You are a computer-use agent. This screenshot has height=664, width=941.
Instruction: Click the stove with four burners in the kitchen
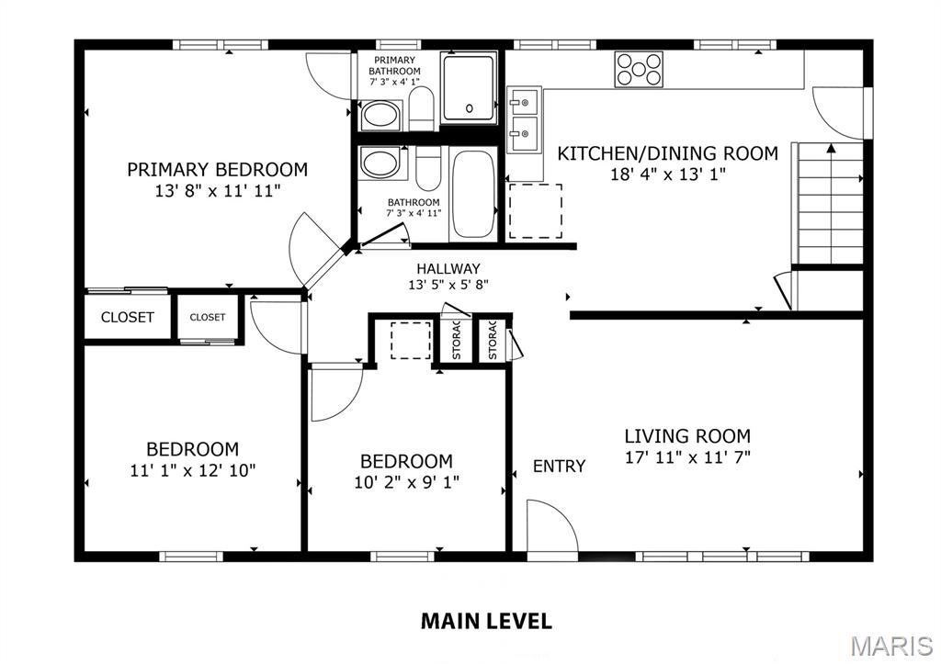click(x=639, y=69)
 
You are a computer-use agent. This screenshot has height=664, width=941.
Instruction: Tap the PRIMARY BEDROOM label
click(x=217, y=170)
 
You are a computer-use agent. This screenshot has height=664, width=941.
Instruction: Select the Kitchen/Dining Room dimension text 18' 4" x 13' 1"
click(x=668, y=174)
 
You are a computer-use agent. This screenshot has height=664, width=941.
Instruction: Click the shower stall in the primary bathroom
click(x=470, y=88)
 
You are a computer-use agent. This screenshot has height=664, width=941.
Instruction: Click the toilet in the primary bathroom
click(x=422, y=107)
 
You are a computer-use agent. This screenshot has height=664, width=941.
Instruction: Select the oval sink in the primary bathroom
click(x=379, y=116)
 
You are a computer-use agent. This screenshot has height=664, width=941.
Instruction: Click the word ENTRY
click(x=559, y=467)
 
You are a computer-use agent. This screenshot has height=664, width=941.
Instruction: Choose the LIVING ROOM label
click(x=687, y=436)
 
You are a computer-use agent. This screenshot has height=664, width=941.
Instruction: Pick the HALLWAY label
click(x=448, y=268)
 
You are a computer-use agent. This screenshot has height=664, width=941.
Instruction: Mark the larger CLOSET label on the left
click(x=128, y=318)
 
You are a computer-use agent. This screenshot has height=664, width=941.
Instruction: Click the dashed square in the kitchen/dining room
click(x=535, y=211)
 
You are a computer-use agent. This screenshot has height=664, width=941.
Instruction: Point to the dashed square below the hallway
click(x=411, y=341)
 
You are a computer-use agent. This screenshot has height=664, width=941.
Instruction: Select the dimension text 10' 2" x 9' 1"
click(x=405, y=481)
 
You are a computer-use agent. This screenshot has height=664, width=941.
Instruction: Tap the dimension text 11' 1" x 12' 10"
click(x=193, y=469)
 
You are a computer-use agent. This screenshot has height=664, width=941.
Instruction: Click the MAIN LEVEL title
click(x=486, y=621)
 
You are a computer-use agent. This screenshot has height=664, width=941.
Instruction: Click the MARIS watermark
click(x=890, y=646)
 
